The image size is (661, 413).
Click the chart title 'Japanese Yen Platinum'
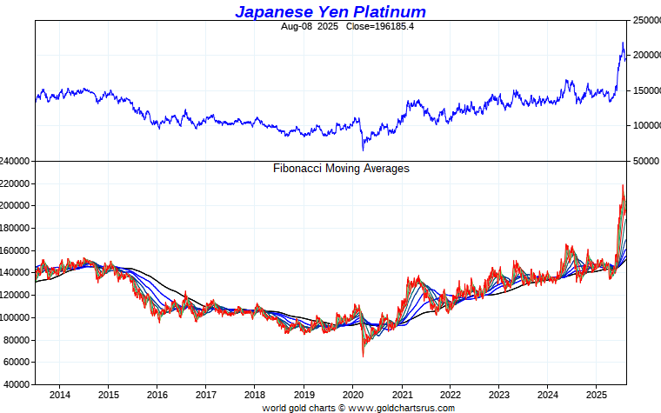click(x=330, y=11)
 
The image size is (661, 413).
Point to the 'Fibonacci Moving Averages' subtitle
click(x=341, y=169)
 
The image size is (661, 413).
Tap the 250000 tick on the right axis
click(x=645, y=20)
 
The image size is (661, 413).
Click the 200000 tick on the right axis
click(x=645, y=55)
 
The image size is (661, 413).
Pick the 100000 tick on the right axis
click(x=645, y=125)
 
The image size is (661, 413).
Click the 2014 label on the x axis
click(x=60, y=395)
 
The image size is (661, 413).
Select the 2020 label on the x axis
click(x=352, y=395)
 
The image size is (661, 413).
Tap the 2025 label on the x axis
click(x=596, y=395)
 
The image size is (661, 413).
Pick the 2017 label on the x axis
click(x=206, y=395)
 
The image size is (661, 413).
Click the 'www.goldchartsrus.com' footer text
click(x=402, y=408)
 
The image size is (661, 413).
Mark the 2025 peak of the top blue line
click(x=623, y=43)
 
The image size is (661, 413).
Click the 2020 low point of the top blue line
click(x=363, y=150)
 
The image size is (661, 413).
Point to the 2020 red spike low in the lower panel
click(x=363, y=356)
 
